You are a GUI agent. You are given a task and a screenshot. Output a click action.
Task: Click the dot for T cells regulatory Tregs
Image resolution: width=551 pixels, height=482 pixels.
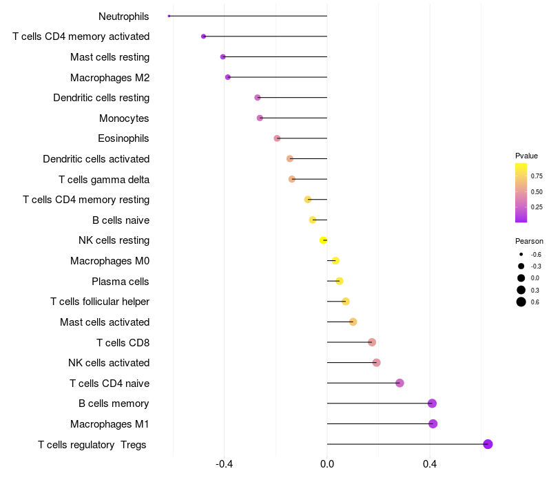488,444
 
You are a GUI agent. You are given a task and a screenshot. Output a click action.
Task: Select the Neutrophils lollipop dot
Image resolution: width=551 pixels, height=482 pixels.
169,16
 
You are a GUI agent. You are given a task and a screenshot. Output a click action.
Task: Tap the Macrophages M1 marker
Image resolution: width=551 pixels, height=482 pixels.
433,423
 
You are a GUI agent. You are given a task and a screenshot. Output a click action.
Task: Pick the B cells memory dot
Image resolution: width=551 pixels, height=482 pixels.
432,404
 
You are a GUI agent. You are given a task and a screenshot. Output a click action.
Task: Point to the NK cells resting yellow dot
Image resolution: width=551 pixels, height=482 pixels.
323,240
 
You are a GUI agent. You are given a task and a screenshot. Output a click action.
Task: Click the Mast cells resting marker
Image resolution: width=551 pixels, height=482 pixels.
222,56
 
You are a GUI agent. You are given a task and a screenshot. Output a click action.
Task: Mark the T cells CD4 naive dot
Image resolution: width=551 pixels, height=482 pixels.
399,383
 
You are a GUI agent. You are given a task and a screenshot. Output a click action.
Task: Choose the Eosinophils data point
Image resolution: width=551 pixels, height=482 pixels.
277,138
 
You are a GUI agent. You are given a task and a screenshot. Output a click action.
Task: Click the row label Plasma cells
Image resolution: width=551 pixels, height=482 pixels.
121,281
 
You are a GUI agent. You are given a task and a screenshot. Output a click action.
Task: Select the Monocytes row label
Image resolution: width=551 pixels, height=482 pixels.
124,118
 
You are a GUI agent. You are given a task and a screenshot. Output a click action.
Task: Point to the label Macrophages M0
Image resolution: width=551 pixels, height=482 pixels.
110,261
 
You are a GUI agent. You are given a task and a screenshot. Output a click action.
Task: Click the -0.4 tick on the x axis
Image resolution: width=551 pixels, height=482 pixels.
224,464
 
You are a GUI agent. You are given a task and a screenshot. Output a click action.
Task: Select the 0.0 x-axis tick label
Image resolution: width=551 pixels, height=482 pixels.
327,464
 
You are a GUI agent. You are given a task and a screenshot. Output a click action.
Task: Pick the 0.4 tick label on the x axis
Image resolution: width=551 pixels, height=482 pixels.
430,464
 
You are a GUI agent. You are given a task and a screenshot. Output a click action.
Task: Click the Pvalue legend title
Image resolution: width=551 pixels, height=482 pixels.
526,156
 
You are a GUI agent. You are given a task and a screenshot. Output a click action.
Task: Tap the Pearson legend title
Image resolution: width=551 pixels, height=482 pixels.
529,241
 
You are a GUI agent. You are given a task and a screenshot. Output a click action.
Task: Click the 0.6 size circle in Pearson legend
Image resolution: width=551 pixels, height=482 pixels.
521,302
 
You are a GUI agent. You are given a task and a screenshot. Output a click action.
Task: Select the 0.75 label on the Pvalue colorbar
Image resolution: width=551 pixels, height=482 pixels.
537,176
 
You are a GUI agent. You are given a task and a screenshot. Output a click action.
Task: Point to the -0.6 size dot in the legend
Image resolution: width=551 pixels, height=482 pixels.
521,254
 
